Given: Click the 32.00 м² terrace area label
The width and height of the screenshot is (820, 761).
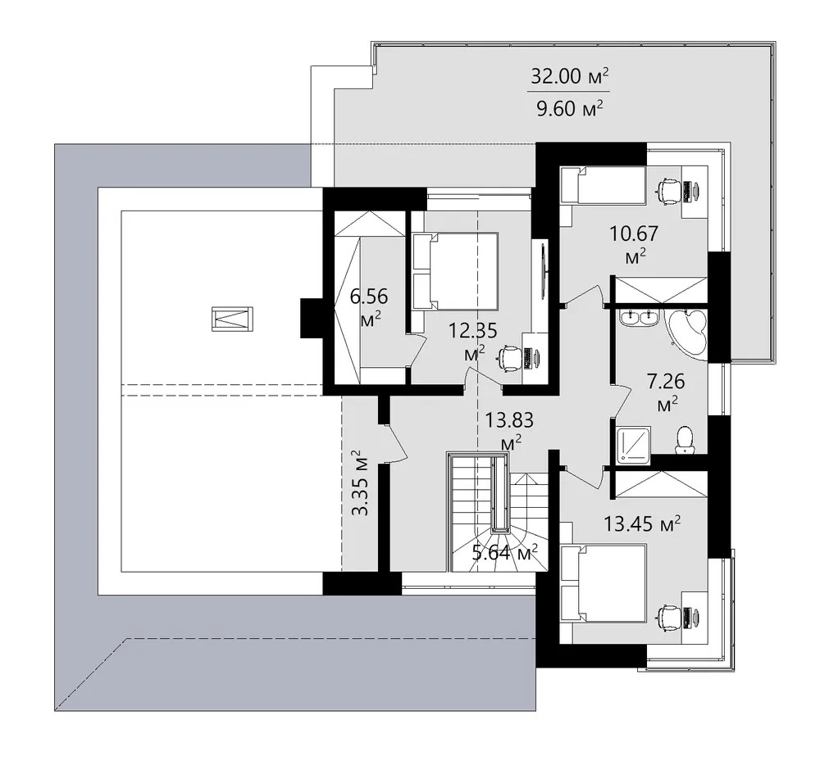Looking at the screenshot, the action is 570,76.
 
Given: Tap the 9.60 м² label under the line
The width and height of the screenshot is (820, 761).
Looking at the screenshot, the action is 570,108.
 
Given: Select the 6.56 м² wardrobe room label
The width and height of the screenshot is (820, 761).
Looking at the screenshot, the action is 369,307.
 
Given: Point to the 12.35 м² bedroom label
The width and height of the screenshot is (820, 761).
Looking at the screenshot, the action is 473,341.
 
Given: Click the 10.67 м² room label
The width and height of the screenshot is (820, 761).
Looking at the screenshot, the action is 635,243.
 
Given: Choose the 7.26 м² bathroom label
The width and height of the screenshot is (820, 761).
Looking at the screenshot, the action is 666,392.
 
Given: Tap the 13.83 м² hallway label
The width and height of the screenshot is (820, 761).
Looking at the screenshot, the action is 509,430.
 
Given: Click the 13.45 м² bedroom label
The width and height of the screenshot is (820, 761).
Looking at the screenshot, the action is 642,523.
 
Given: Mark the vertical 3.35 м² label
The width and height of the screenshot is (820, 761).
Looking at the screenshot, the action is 360,482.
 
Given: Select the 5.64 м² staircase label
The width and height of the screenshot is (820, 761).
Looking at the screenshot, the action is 505,552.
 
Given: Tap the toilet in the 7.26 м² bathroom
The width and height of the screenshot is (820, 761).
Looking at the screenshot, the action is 684,440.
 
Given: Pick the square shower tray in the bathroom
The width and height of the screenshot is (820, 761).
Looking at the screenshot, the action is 634,445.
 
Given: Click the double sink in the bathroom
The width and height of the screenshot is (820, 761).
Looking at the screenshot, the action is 639,318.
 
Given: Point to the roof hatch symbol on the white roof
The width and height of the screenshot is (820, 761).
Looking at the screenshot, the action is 232,319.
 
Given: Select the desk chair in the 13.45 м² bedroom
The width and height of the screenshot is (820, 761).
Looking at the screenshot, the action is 669,617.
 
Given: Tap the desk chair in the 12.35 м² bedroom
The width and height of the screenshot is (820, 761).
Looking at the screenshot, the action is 508,359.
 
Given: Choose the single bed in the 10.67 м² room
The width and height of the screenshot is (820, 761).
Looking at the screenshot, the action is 603,185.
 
